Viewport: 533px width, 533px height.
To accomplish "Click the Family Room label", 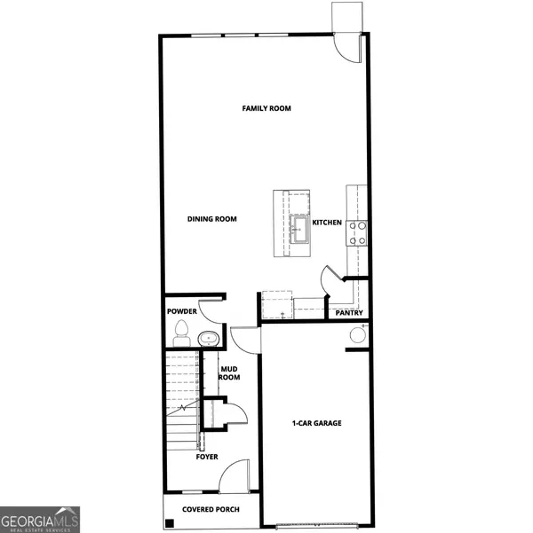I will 267,109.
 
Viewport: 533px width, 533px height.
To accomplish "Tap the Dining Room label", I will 211,219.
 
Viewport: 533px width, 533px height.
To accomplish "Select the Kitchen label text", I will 326,222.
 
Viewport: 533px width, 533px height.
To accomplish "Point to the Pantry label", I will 348,313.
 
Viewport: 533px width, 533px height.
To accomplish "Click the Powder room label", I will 181,312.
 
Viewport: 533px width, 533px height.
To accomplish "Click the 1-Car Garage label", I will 317,423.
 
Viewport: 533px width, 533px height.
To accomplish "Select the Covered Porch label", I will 211,510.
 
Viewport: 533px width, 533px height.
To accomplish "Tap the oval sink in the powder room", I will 210,338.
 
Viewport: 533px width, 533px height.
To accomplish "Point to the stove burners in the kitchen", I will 357,232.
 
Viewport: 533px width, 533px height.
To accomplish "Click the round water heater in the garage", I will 358,335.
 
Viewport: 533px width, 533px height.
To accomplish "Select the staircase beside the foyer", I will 181,399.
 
